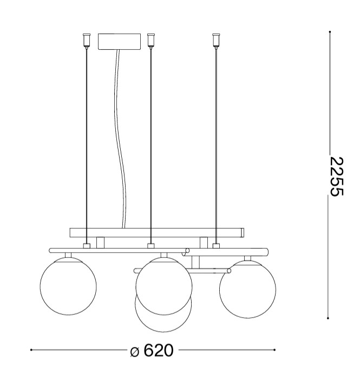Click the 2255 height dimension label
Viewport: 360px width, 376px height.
337,177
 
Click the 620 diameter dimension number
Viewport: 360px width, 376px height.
159,351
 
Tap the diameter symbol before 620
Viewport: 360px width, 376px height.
134,352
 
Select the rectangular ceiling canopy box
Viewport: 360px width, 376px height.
119,42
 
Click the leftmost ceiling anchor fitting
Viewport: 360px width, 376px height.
87,41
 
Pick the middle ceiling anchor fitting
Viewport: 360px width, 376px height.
150,41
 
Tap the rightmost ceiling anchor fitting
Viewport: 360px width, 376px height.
216,41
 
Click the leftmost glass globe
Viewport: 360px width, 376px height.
68,286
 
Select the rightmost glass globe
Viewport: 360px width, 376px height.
247,289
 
